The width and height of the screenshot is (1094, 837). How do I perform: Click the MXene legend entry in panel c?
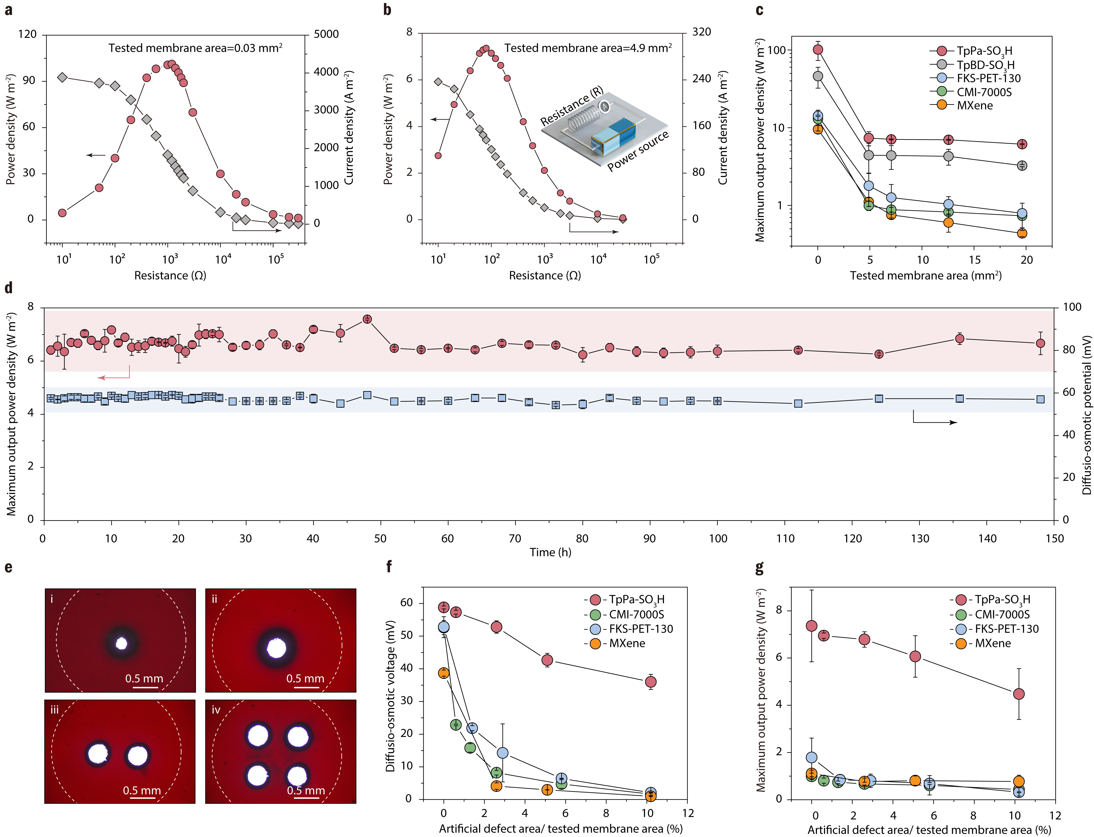point(974,106)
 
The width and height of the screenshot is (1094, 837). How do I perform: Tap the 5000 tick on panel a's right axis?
point(326,34)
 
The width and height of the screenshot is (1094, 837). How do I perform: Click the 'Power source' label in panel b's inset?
point(638,151)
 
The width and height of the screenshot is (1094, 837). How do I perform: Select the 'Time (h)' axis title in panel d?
point(550,552)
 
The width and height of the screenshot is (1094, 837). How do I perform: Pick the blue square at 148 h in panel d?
point(1040,399)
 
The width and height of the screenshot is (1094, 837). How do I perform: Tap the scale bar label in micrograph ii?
point(305,679)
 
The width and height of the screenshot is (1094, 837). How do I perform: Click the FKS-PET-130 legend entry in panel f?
point(641,629)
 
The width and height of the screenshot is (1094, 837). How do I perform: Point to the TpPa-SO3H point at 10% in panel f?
point(650,681)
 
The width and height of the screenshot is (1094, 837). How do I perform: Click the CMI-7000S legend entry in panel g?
point(1002,614)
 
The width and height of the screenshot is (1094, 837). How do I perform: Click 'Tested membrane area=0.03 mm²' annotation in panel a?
point(195,48)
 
